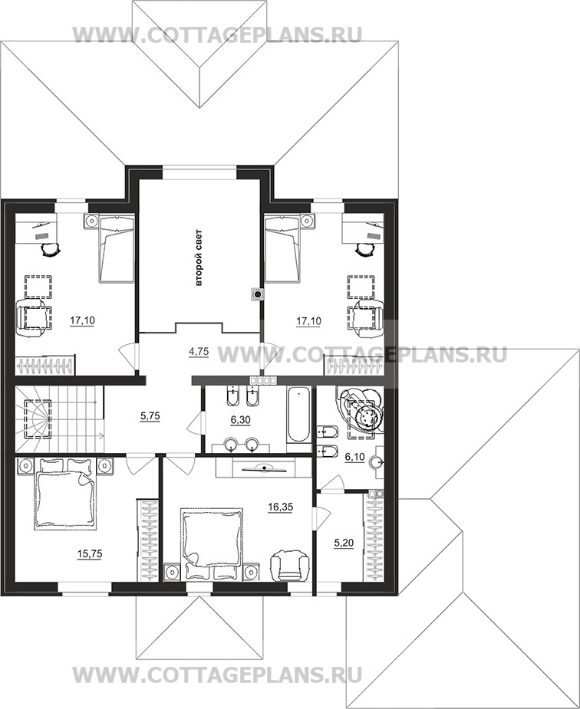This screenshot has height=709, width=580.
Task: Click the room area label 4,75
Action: pyautogui.click(x=199, y=351)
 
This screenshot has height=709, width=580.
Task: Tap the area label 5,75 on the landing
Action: pyautogui.click(x=150, y=415)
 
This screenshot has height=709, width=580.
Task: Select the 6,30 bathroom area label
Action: pyautogui.click(x=241, y=420)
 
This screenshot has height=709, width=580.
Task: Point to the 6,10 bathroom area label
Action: pyautogui.click(x=354, y=457)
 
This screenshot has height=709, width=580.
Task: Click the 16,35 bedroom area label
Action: pyautogui.click(x=280, y=507)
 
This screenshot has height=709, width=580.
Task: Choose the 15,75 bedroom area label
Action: pyautogui.click(x=90, y=553)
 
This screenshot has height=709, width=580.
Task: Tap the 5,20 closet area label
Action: pyautogui.click(x=344, y=543)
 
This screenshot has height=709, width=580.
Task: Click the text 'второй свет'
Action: pyautogui.click(x=199, y=258)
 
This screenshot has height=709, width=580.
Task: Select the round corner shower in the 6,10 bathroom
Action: pyautogui.click(x=363, y=409)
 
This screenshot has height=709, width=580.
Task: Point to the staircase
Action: pyautogui.click(x=60, y=419)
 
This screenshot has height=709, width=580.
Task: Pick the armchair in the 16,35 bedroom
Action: pyautogui.click(x=289, y=564)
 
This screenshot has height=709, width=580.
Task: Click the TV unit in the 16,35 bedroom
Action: pyautogui.click(x=264, y=467)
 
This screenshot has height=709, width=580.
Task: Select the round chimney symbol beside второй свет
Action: pyautogui.click(x=257, y=295)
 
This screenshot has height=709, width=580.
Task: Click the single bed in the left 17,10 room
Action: pyautogui.click(x=117, y=248)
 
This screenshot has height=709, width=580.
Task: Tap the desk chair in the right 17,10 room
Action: pyautogui.click(x=364, y=249)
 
